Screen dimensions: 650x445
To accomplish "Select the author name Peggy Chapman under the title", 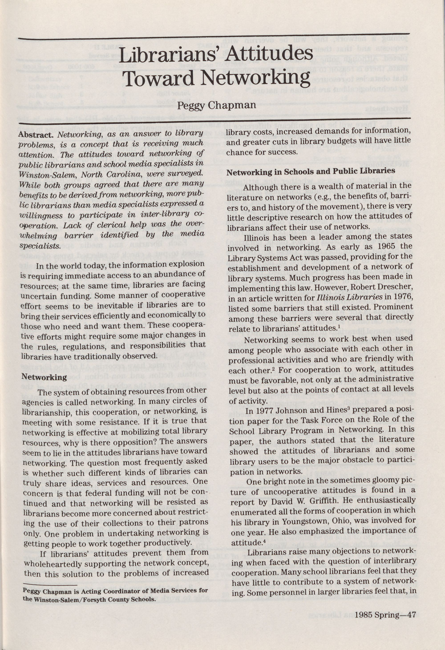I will coord(216,105).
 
